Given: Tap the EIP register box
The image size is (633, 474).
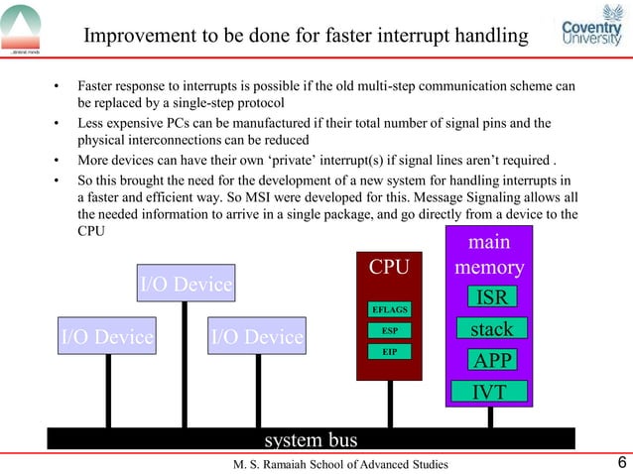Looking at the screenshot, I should click(x=389, y=352).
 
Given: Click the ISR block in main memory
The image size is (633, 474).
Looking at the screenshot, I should click(x=492, y=297).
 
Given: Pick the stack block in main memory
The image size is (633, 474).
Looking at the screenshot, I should click(x=492, y=328).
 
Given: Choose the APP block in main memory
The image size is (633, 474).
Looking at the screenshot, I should click(x=492, y=359).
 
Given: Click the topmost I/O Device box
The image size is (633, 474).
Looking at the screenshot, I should click(x=186, y=284).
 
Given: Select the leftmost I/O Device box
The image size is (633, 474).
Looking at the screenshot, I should click(x=107, y=336).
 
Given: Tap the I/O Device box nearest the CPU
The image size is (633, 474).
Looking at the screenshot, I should click(x=257, y=336).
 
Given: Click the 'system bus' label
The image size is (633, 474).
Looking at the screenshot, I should click(x=311, y=439).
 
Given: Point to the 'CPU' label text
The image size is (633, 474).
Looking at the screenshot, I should click(x=389, y=268).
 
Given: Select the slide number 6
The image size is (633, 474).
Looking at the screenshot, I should click(x=621, y=463).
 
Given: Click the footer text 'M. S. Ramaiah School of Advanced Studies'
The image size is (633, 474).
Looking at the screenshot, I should click(x=340, y=464).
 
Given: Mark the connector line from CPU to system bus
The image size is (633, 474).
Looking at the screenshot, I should click(x=390, y=404).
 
